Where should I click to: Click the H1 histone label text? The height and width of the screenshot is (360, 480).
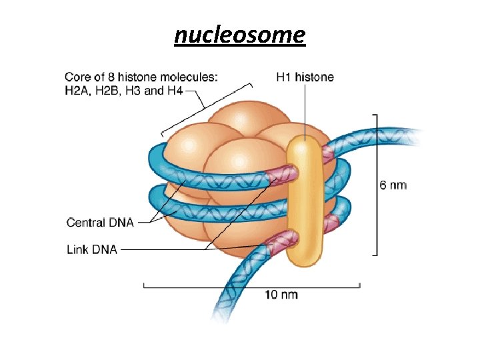[x=305, y=77]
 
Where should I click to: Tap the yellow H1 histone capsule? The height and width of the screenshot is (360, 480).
[x=306, y=200]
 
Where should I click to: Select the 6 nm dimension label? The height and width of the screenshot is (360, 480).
[x=393, y=185]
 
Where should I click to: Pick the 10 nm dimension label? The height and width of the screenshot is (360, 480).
[x=282, y=294]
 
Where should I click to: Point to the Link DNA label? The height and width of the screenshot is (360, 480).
[x=92, y=250]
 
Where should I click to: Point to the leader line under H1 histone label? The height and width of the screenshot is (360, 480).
[x=305, y=110]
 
